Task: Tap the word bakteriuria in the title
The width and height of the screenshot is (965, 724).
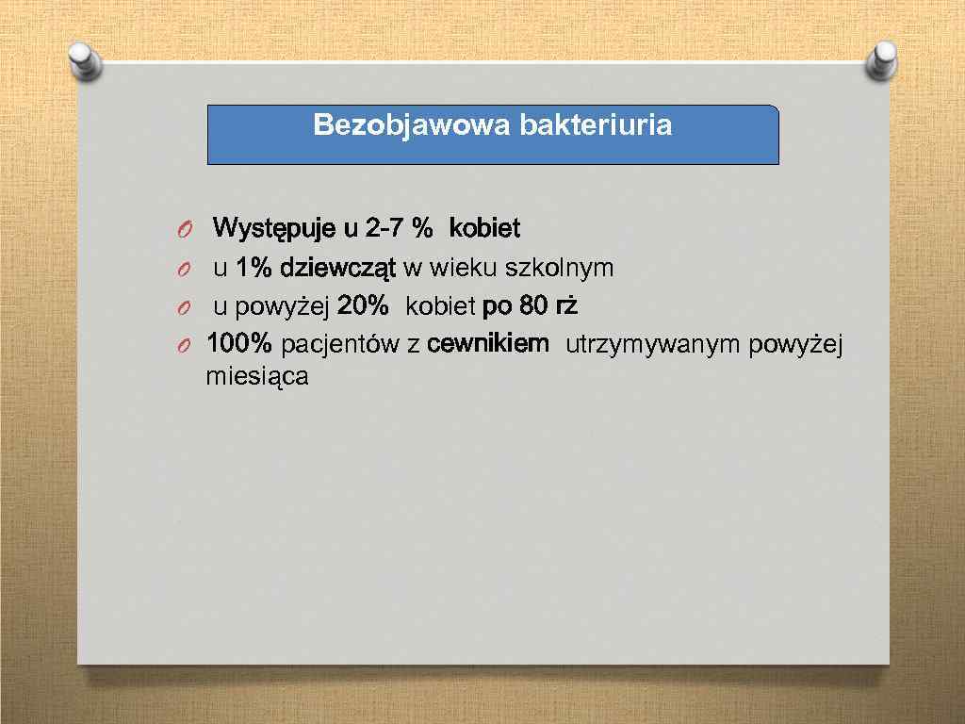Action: (596, 125)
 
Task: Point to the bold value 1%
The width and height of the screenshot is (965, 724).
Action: (254, 268)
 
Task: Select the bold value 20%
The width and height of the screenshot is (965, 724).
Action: (363, 306)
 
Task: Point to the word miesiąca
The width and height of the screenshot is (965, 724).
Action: (256, 378)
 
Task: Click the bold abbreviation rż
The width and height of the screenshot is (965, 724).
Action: (564, 306)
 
